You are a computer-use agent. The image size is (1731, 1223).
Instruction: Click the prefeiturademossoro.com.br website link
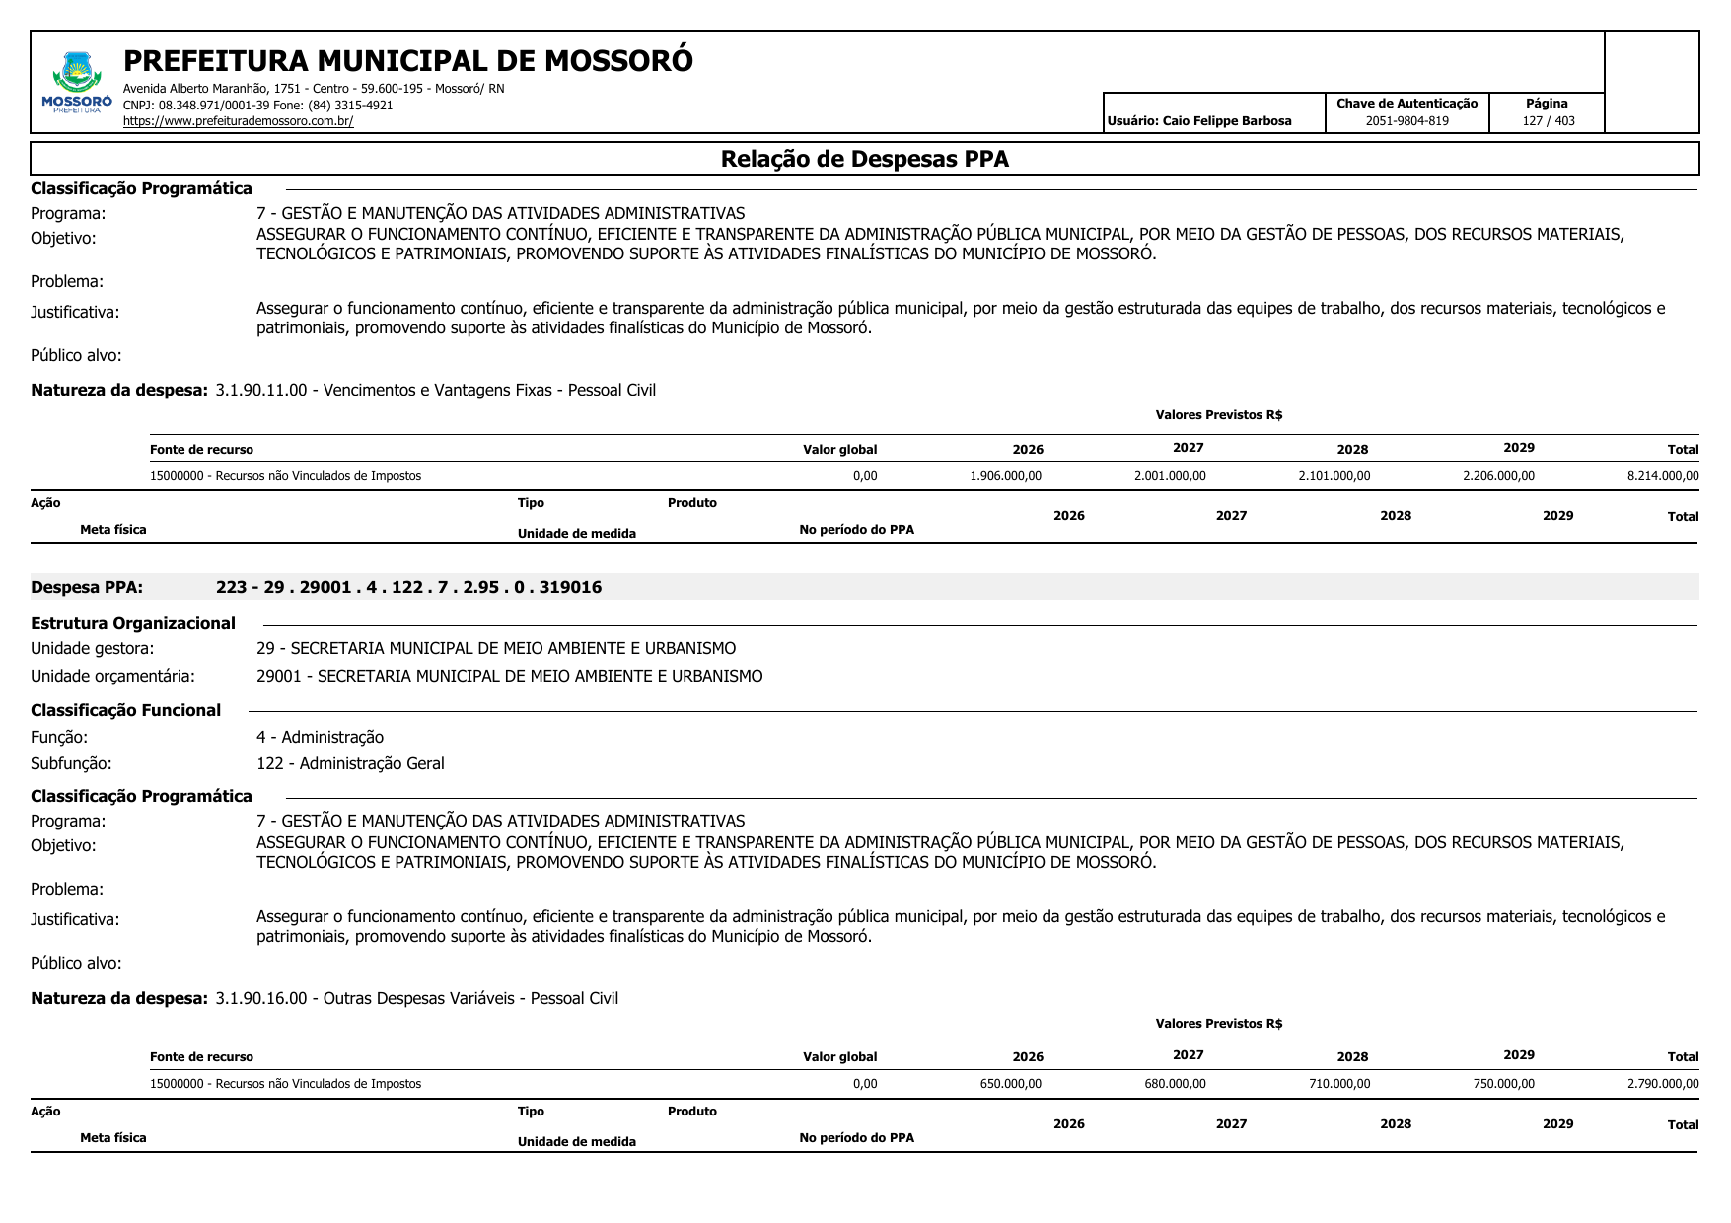pos(238,121)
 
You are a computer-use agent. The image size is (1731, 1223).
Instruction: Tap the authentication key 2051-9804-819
pos(1406,121)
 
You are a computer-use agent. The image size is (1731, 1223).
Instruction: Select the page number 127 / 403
pos(1548,121)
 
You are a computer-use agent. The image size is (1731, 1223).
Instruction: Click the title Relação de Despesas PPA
pos(864,159)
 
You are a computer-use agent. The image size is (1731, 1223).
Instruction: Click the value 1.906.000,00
pos(1005,476)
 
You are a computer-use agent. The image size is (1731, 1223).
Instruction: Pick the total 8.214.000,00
pos(1662,476)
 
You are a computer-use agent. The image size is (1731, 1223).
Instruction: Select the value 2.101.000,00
pos(1334,476)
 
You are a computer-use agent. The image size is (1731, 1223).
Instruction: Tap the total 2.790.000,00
pos(1662,1084)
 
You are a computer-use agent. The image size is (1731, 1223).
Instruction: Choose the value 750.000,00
pos(1503,1084)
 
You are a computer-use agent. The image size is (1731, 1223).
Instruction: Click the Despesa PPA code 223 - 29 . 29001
pos(408,587)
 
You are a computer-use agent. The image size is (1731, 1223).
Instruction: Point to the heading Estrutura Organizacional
pos(133,623)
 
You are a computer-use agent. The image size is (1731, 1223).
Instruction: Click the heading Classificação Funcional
pos(125,710)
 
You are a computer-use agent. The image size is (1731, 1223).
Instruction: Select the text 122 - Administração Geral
pos(350,763)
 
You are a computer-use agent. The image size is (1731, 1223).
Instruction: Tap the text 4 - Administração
pos(320,737)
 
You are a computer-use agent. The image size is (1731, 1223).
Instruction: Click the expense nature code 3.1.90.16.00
pos(261,998)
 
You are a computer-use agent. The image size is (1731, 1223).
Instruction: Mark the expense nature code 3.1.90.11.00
pos(261,390)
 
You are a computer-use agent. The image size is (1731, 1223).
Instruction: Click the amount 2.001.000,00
pos(1169,476)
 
